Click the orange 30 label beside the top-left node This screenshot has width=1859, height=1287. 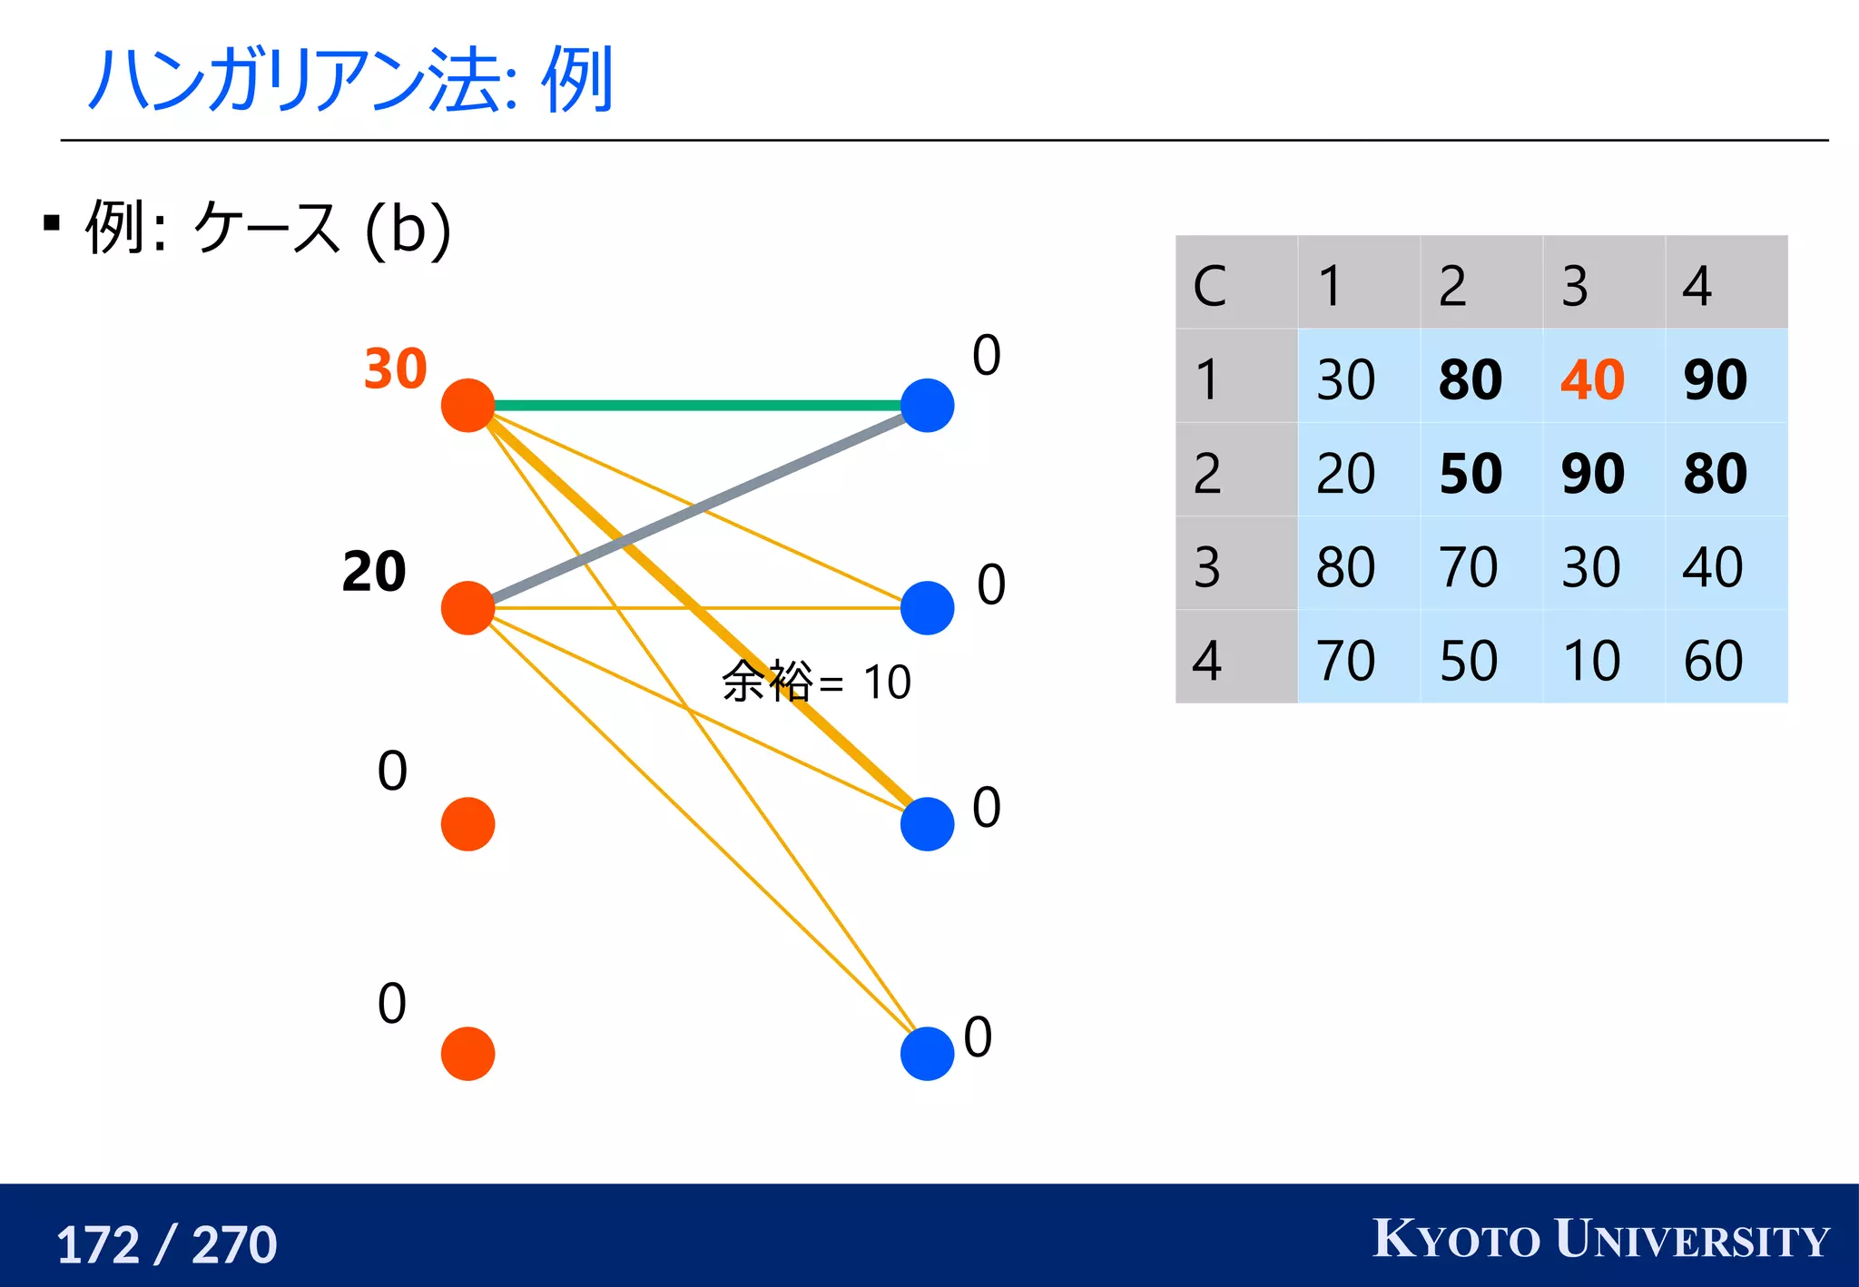pyautogui.click(x=395, y=368)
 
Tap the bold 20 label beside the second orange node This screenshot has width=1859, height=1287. pyautogui.click(x=374, y=572)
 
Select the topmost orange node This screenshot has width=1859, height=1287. pyautogui.click(x=467, y=406)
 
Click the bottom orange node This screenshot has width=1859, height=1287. pyautogui.click(x=467, y=1054)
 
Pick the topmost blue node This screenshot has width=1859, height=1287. pyautogui.click(x=927, y=406)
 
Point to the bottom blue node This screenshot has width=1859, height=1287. pyautogui.click(x=927, y=1054)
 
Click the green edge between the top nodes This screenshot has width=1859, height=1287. pyautogui.click(x=699, y=406)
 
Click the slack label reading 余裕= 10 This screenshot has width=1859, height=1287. pyautogui.click(x=816, y=683)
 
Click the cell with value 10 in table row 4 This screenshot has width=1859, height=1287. pyautogui.click(x=1591, y=660)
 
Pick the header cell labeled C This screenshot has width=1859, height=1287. pyautogui.click(x=1210, y=287)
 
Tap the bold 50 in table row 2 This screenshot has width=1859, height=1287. pyautogui.click(x=1470, y=473)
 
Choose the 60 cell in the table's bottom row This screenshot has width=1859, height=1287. pyautogui.click(x=1713, y=660)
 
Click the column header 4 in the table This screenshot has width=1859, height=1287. pyautogui.click(x=1697, y=287)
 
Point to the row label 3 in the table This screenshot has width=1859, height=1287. pyautogui.click(x=1207, y=567)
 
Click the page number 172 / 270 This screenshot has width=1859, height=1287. pyautogui.click(x=166, y=1244)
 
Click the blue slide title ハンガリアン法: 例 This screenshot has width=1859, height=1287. pyautogui.click(x=350, y=80)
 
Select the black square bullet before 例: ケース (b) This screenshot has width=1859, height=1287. pyautogui.click(x=52, y=223)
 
